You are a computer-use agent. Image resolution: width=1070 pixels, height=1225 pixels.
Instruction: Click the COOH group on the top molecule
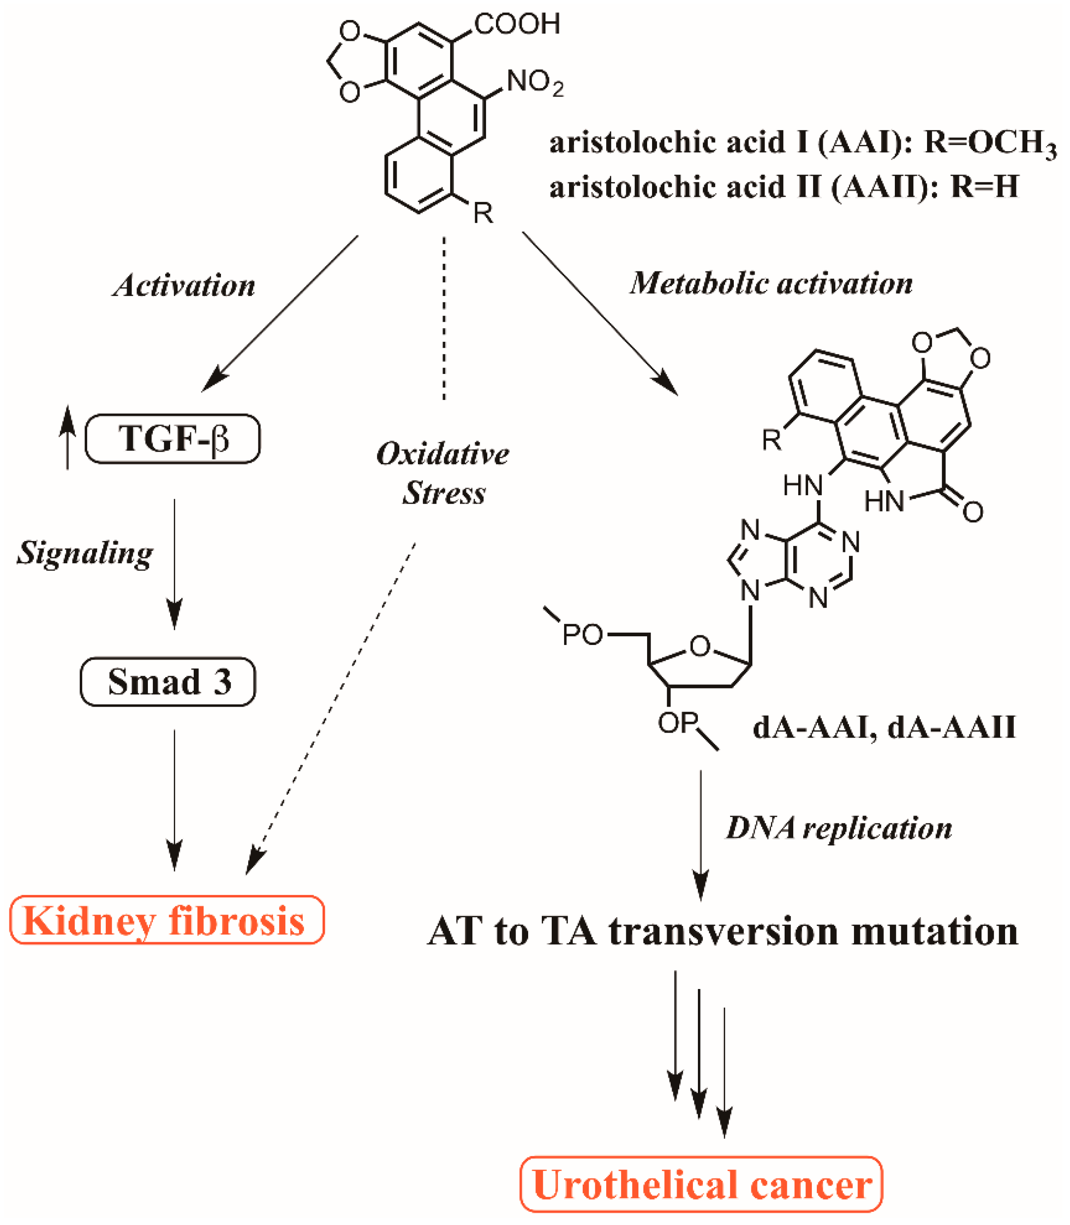click(x=517, y=24)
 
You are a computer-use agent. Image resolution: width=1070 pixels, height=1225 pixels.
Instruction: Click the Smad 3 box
click(x=168, y=681)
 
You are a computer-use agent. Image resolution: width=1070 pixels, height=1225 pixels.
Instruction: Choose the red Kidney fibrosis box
click(x=167, y=920)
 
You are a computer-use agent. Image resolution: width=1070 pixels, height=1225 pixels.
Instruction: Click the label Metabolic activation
click(x=771, y=283)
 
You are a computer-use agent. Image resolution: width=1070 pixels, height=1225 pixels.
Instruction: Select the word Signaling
click(x=85, y=552)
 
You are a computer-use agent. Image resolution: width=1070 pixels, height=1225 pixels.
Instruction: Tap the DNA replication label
click(x=838, y=828)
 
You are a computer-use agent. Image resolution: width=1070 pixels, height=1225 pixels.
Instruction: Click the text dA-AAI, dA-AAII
click(x=883, y=728)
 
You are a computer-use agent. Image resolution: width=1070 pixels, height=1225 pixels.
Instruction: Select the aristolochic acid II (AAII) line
click(x=783, y=187)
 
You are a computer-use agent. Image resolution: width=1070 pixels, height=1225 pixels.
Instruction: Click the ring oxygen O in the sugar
click(x=700, y=646)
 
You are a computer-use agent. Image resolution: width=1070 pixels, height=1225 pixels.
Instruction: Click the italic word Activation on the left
click(x=184, y=285)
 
